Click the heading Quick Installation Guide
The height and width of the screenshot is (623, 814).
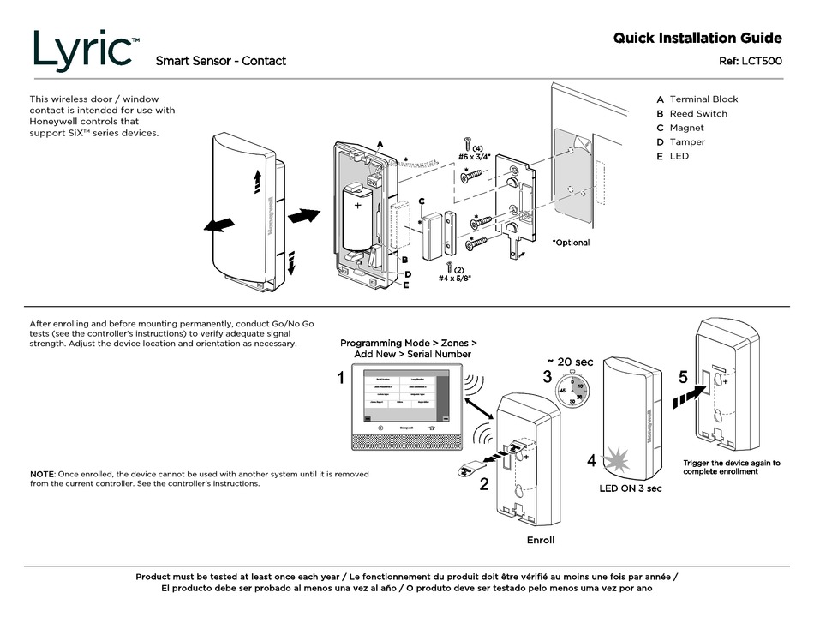pos(697,38)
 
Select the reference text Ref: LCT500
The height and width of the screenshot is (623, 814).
pos(749,61)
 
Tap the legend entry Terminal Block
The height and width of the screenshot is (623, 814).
pos(703,99)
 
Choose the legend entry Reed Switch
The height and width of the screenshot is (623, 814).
pos(697,114)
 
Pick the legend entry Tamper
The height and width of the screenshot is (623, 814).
pos(687,142)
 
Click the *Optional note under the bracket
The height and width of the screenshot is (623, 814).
pos(570,243)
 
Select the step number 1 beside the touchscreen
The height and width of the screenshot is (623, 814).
pos(341,378)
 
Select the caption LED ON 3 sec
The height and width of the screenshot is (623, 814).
pos(630,488)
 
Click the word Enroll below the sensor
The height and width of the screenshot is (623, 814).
pos(540,540)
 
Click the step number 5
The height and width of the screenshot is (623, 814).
pos(683,376)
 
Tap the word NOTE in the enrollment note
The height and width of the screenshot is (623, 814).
pos(41,474)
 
